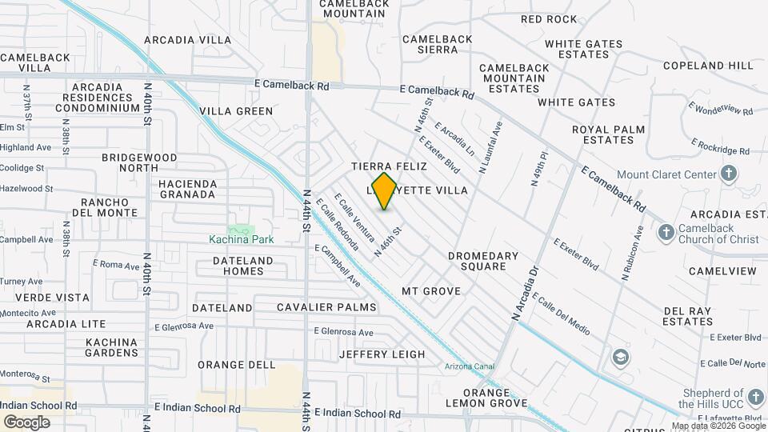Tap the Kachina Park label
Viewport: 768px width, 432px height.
pyautogui.click(x=242, y=238)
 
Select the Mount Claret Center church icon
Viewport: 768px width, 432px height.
pyautogui.click(x=728, y=174)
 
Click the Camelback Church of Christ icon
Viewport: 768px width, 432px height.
pyautogui.click(x=666, y=232)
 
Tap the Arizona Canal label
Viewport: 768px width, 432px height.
pyautogui.click(x=470, y=367)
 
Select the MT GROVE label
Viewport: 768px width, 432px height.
pyautogui.click(x=431, y=291)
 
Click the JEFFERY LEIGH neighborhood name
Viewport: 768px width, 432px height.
pyautogui.click(x=382, y=354)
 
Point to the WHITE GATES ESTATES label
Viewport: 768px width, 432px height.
pyautogui.click(x=577, y=50)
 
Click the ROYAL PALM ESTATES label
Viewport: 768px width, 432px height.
pyautogui.click(x=602, y=134)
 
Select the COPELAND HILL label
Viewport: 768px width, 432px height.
pyautogui.click(x=708, y=65)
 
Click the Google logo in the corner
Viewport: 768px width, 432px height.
pyautogui.click(x=26, y=422)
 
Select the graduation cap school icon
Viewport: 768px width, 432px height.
pyautogui.click(x=619, y=356)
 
